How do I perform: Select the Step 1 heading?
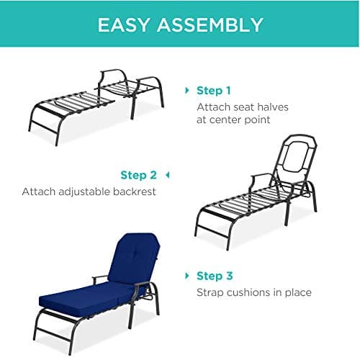[214, 91]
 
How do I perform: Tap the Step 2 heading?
[138, 175]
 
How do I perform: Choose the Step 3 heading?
[214, 276]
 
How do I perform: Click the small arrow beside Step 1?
[189, 91]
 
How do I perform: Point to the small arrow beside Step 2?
[167, 175]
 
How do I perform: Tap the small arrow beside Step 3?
[189, 276]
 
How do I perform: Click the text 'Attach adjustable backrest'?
[89, 192]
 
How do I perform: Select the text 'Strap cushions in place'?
[253, 292]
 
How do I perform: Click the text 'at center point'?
[233, 120]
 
